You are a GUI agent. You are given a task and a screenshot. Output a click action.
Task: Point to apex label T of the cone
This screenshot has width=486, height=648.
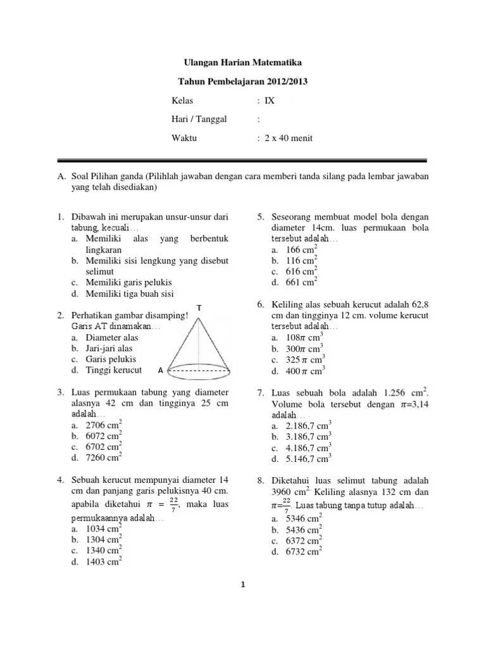pos(199,308)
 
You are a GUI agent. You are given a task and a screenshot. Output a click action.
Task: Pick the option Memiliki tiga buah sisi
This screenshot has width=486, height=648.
pos(127,293)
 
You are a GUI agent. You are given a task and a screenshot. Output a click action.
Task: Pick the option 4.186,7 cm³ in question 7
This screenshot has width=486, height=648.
pos(306,448)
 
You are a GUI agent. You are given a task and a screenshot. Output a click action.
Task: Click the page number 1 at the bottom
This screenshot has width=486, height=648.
pos(242,585)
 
